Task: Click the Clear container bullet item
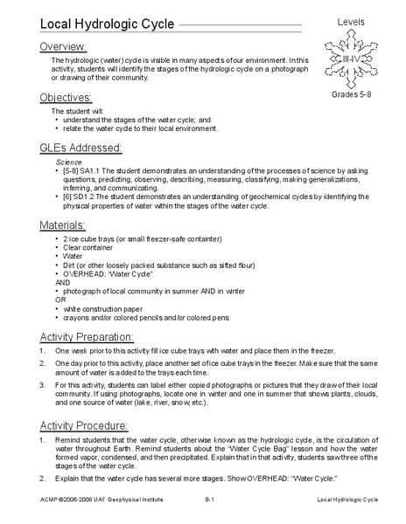click(x=87, y=249)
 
